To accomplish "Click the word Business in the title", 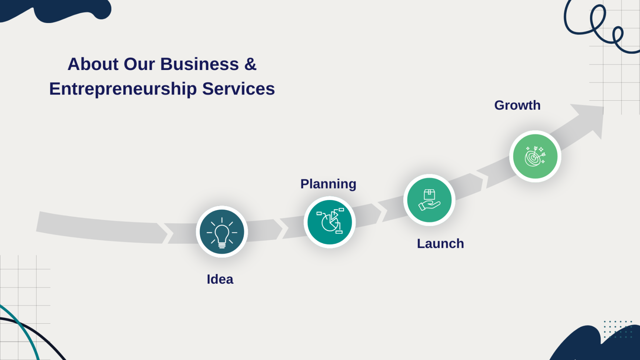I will [200, 64].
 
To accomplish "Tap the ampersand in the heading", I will [250, 64].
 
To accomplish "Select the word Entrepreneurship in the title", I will [123, 89].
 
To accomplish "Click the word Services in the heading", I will [239, 89].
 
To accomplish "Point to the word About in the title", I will [93, 64].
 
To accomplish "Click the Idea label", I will [220, 279].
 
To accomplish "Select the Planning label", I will [328, 184].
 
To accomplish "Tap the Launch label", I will [440, 244].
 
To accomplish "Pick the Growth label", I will [517, 105].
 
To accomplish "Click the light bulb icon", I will [222, 232].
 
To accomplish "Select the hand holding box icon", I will [429, 200].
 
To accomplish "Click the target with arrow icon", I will [535, 156].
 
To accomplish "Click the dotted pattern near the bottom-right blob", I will [618, 329].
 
